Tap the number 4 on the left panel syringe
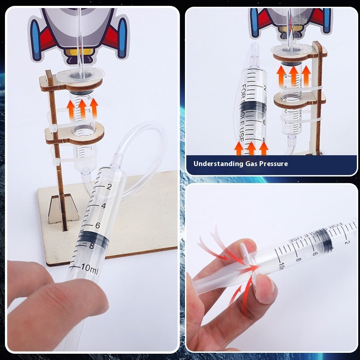coord(103,206)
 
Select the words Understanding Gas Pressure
coord(240,164)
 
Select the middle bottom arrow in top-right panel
coord(252,148)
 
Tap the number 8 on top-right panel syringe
coord(264,139)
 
